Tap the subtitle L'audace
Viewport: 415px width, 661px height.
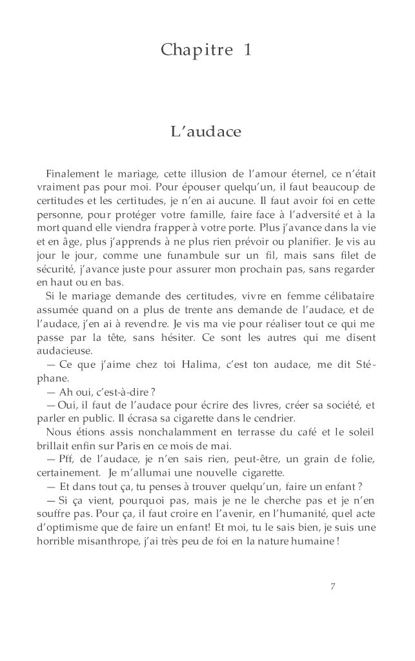click(x=205, y=133)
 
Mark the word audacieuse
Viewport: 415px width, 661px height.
click(x=65, y=351)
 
